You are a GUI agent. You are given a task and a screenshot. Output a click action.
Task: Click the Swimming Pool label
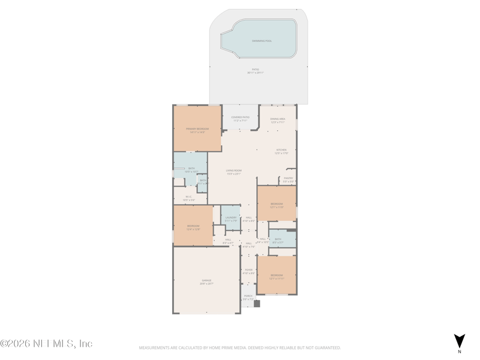[262, 41]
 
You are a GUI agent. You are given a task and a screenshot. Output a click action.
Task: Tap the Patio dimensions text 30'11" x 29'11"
[255, 73]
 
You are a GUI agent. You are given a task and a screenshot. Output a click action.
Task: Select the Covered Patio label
[240, 117]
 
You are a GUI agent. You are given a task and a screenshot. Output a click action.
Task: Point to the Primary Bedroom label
[198, 128]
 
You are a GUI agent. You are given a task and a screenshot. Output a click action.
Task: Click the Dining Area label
[277, 119]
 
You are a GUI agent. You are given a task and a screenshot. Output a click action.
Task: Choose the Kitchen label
[281, 150]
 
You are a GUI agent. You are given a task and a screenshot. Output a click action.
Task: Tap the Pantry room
[288, 178]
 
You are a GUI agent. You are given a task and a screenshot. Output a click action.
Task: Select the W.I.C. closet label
[188, 196]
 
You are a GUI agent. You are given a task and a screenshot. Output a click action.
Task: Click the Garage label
[206, 280]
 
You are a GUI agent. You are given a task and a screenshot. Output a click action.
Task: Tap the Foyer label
[248, 270]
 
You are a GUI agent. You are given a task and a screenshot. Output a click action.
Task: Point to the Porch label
[248, 296]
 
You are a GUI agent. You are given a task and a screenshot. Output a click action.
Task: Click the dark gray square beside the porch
[257, 304]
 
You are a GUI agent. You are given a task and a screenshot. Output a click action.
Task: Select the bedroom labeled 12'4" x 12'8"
[193, 226]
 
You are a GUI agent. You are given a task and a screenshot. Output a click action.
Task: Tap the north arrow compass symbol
[459, 341]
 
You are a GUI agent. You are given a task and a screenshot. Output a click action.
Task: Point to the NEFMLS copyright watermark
[46, 344]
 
